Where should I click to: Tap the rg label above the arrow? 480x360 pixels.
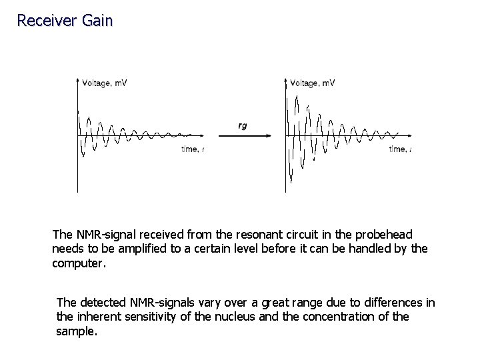click(242, 125)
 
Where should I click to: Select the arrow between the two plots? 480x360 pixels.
click(244, 136)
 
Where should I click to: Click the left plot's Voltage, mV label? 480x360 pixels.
click(105, 83)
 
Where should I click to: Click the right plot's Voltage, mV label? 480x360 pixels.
click(313, 83)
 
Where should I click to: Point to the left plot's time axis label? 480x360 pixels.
click(192, 149)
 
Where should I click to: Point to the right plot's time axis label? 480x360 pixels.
click(400, 149)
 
